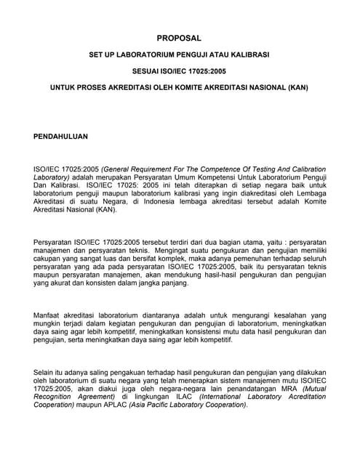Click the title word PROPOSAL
pos(179,38)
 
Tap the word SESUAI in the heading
pos(145,71)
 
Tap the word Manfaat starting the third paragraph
pos(48,316)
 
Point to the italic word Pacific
pos(193,405)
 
